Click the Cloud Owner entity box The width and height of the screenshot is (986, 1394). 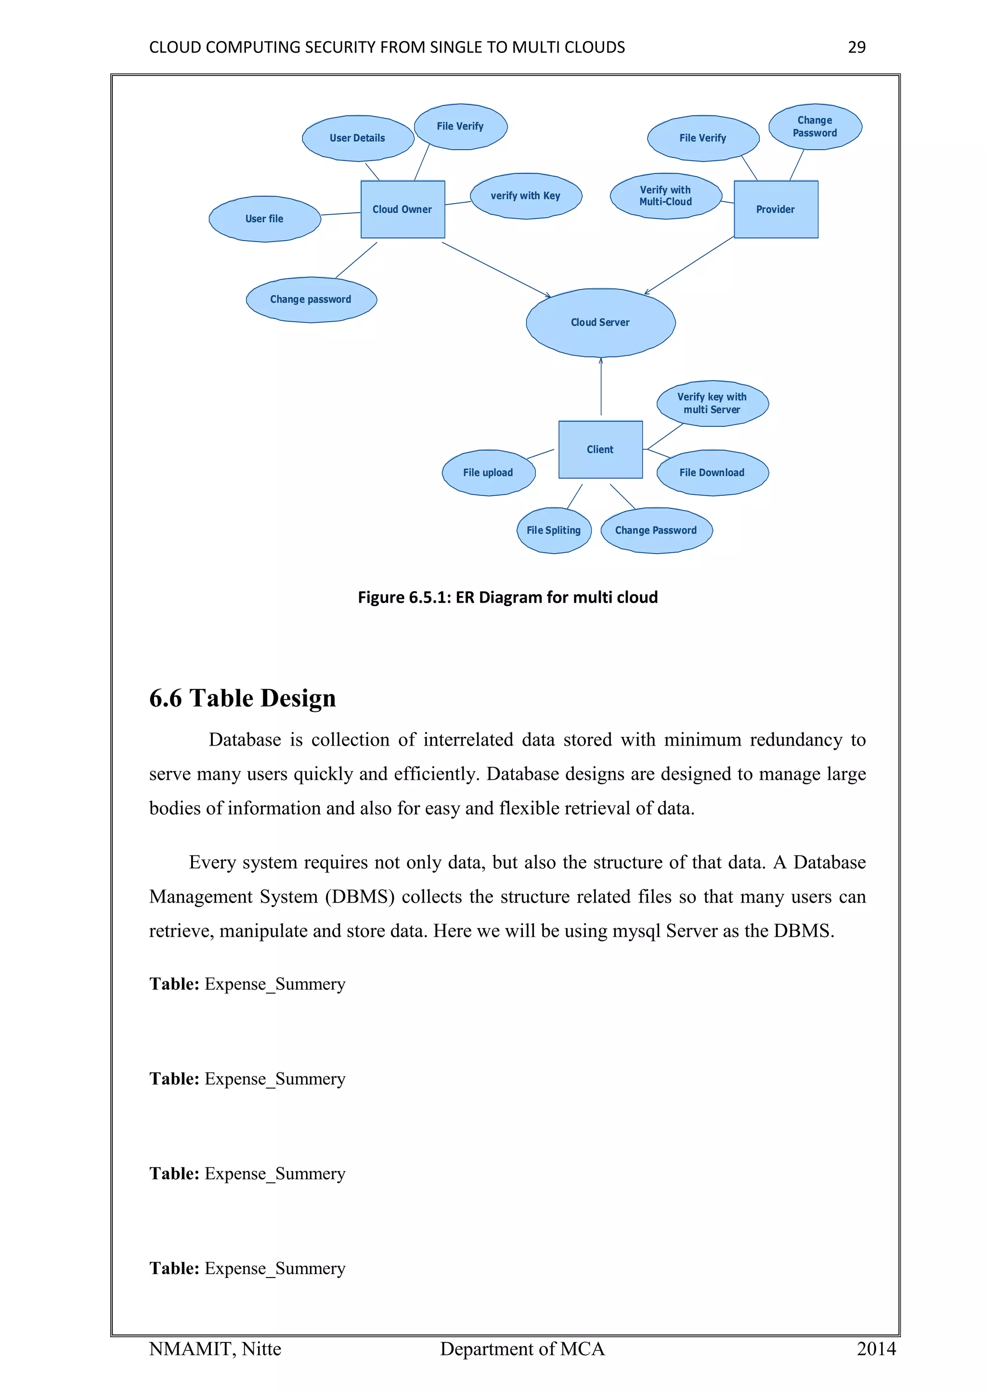tap(402, 209)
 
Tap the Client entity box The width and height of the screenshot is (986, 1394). tap(600, 449)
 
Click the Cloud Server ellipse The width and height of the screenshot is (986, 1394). tap(600, 323)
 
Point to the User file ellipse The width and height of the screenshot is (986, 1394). tap(264, 219)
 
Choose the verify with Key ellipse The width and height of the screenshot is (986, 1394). tap(526, 195)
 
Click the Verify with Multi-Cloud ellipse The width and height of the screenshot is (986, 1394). tap(665, 195)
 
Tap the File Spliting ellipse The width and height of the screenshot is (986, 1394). tap(553, 530)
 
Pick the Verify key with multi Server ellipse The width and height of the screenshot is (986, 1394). tap(712, 403)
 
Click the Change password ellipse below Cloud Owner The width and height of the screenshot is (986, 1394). tap(311, 299)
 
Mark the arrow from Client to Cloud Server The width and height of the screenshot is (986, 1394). tap(601, 387)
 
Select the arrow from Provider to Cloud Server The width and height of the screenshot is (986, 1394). tap(689, 265)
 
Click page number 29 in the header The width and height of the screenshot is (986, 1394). tap(856, 47)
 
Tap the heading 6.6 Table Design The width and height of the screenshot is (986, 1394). tap(242, 698)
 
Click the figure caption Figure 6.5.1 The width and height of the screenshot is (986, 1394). tap(507, 597)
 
